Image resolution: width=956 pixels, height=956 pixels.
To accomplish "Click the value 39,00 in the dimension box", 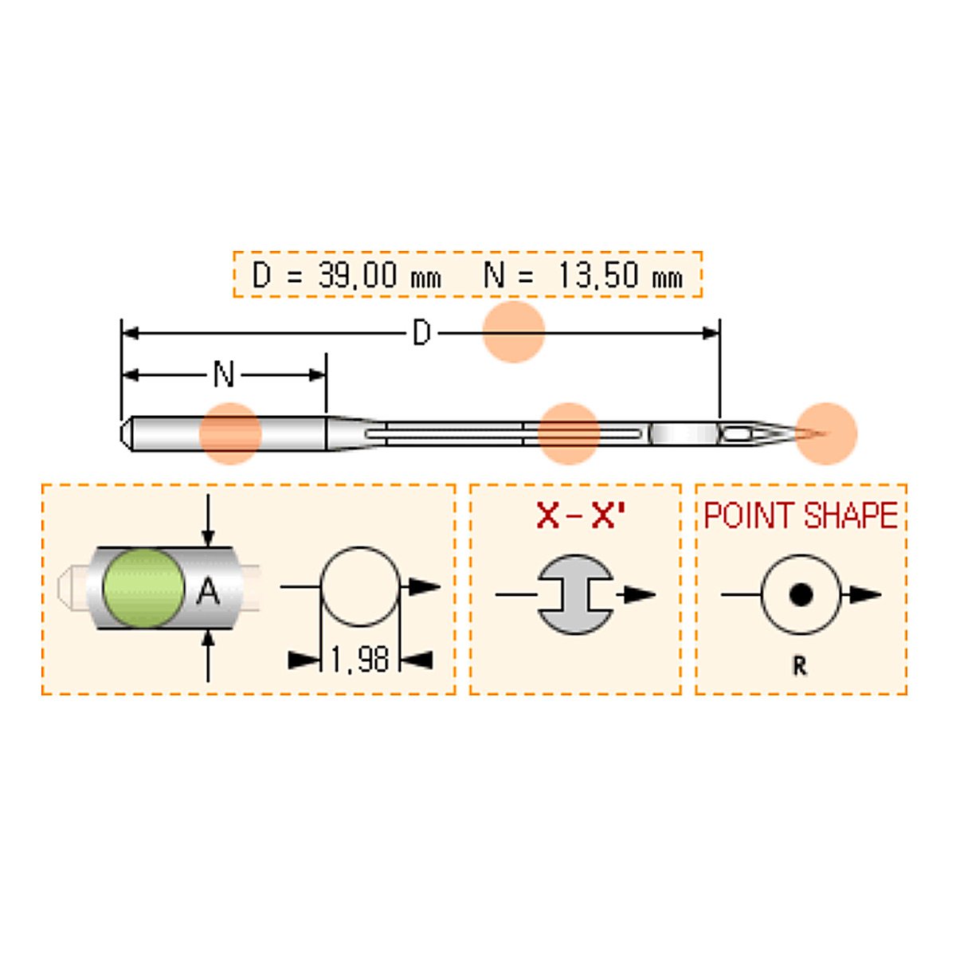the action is coord(358,274).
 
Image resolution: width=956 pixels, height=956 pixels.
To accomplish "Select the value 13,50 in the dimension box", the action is coord(597,274).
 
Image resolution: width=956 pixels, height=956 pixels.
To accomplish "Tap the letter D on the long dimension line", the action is coord(421,333).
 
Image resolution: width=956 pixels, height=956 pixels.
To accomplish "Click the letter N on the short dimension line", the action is coord(224,374).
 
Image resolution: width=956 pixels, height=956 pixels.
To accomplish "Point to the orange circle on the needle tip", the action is coord(826,433).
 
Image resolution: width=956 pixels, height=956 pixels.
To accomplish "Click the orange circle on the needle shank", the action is coord(230,433).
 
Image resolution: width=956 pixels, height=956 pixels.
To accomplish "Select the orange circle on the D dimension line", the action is coord(514,331).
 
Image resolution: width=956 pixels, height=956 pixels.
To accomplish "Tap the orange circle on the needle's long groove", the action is coord(569,433).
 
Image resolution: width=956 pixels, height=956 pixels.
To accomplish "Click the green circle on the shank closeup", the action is coord(143,588).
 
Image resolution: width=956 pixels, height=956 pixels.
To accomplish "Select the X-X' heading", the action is coord(580,516).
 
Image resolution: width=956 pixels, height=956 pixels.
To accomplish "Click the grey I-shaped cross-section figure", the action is coord(575,594).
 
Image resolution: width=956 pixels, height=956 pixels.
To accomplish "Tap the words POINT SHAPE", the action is coord(801,515).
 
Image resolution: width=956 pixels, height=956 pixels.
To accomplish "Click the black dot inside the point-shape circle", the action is coord(800,594).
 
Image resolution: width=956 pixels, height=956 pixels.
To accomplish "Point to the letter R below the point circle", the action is coord(800,667).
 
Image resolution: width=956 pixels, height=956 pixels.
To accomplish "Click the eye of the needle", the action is coord(736,434).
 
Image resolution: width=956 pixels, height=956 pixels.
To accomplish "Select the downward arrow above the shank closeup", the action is coord(208,520).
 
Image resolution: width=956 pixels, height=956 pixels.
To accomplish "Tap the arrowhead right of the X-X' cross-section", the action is coord(640,594).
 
